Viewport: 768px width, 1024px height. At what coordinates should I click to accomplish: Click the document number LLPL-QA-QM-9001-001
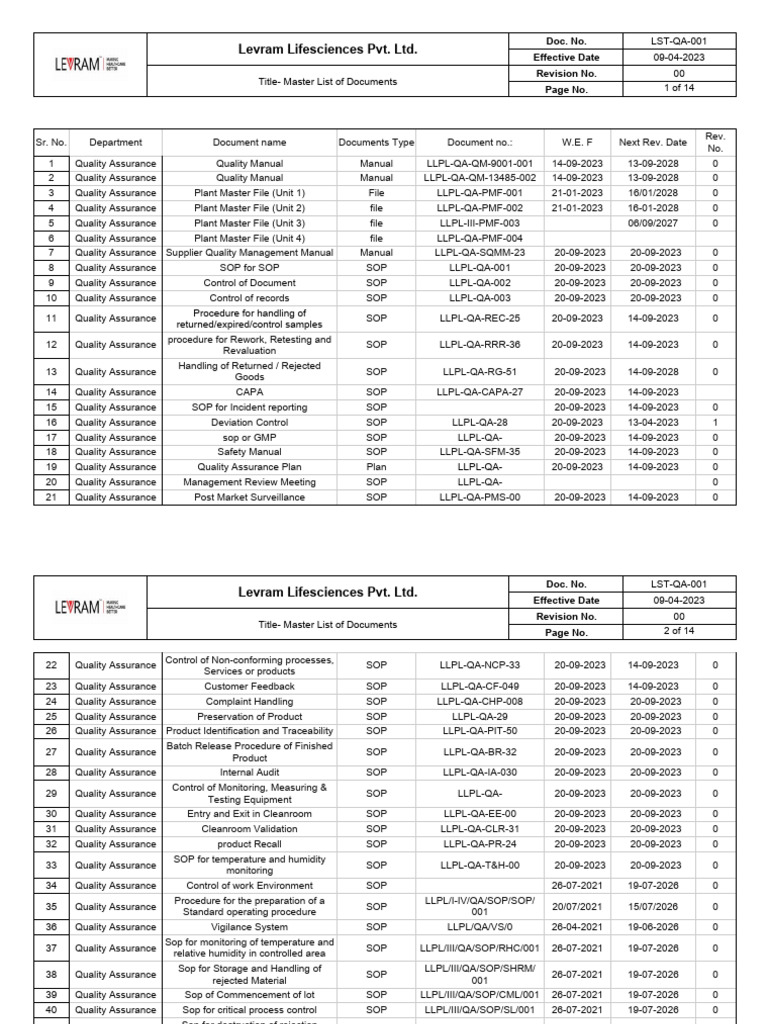[480, 163]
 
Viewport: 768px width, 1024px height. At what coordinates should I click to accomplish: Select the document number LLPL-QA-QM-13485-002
[480, 178]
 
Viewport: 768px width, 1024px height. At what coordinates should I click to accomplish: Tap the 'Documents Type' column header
[376, 143]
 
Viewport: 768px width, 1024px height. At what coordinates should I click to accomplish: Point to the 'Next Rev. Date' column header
[653, 143]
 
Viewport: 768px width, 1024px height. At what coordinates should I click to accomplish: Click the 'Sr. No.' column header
[50, 143]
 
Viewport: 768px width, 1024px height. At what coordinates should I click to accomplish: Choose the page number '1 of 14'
[679, 89]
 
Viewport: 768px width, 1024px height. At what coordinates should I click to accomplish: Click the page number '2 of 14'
[679, 631]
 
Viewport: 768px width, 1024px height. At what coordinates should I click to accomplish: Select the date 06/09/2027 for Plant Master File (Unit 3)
[653, 223]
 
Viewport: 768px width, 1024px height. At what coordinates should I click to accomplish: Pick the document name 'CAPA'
[249, 392]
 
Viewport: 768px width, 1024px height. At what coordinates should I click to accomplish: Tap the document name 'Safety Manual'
[249, 452]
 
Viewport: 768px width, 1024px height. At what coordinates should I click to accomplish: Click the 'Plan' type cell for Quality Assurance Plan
[376, 467]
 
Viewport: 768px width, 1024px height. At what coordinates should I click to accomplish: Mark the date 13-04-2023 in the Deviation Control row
[653, 422]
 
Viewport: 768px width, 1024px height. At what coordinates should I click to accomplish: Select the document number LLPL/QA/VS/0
[480, 927]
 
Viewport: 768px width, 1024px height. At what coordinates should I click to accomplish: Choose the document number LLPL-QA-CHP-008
[480, 701]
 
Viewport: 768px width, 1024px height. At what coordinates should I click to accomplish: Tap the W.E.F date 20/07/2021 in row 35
[577, 907]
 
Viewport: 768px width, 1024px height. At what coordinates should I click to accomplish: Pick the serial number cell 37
[50, 948]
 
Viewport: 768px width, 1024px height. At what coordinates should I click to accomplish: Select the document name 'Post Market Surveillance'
[249, 497]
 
